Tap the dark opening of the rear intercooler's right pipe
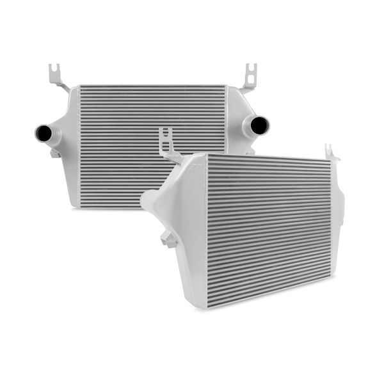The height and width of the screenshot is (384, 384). (261, 124)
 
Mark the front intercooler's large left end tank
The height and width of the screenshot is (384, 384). (186, 224)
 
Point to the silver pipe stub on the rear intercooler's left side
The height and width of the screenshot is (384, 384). (51, 135)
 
